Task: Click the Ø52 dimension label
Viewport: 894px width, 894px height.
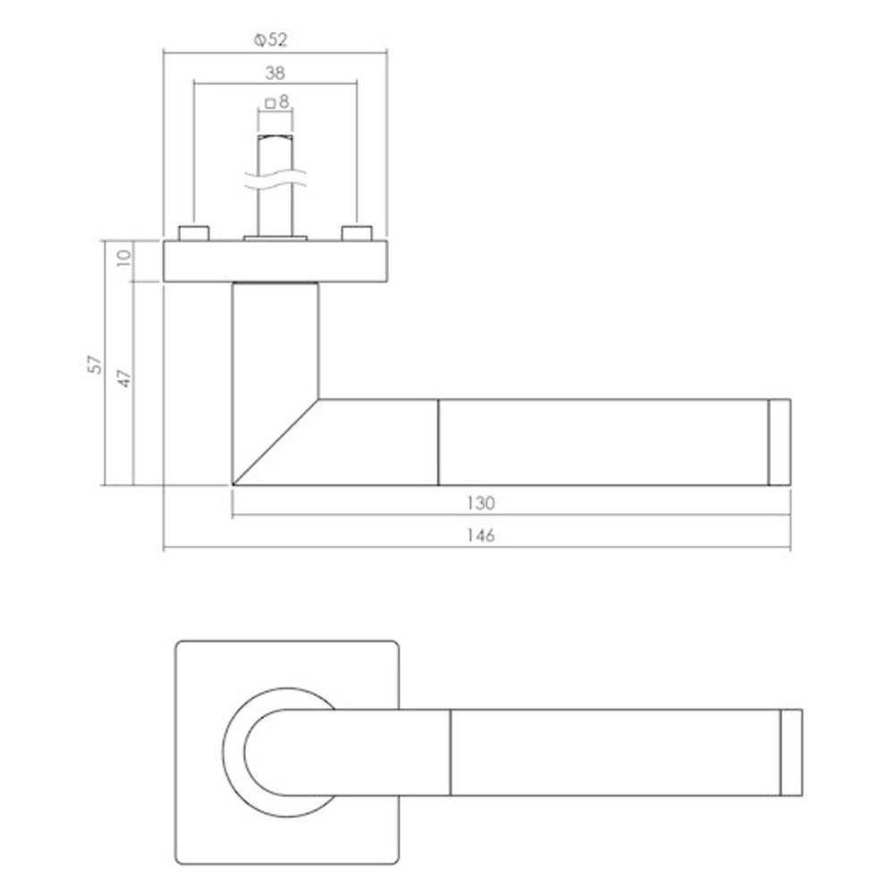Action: pyautogui.click(x=274, y=38)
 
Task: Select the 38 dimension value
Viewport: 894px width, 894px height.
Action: pyautogui.click(x=275, y=73)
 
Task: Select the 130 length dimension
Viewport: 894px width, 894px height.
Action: pyautogui.click(x=480, y=503)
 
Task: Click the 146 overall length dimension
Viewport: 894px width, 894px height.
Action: pyautogui.click(x=480, y=536)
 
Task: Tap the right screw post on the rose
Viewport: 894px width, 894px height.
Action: pyautogui.click(x=356, y=233)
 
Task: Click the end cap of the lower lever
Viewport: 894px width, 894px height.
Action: pyautogui.click(x=791, y=752)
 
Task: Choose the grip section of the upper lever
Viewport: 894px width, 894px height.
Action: pyautogui.click(x=603, y=442)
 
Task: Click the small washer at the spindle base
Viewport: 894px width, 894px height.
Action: pyautogui.click(x=275, y=238)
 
